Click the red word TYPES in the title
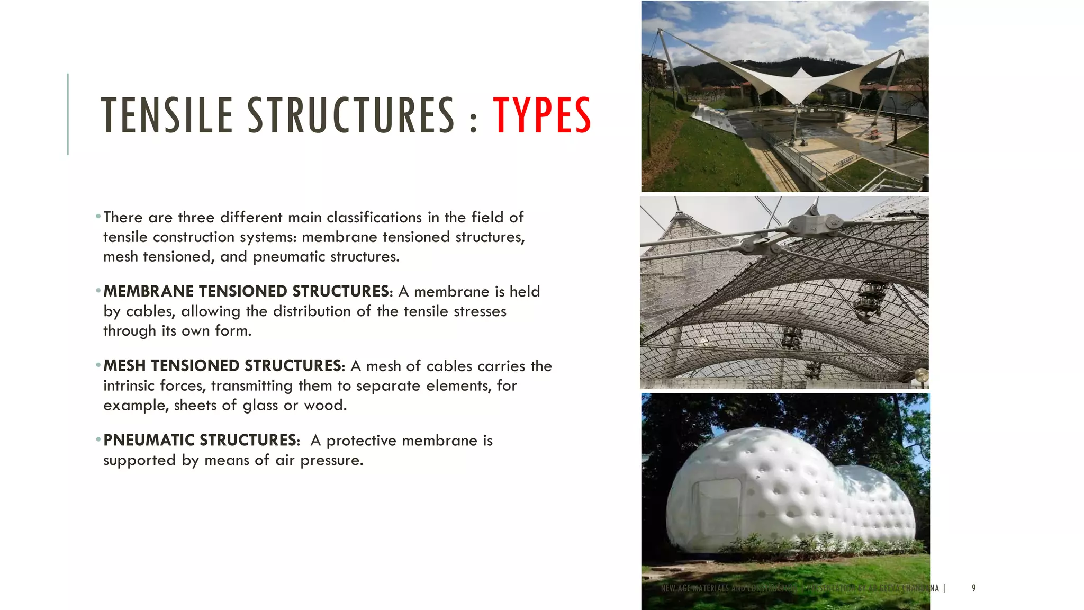(x=541, y=115)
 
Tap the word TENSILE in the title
(x=167, y=115)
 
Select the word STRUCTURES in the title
(x=350, y=115)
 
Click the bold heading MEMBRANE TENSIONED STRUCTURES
(x=246, y=291)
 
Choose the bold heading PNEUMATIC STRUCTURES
(x=200, y=440)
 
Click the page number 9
(x=973, y=588)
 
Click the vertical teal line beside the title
(x=68, y=114)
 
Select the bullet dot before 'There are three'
(x=98, y=217)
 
